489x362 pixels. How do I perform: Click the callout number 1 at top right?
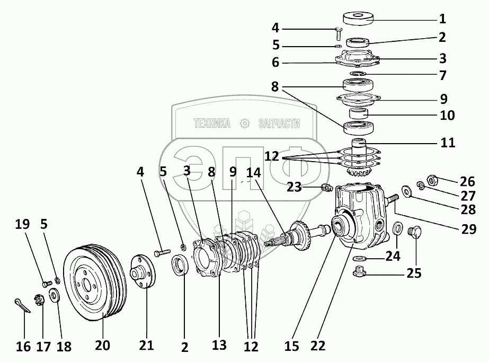point(442,19)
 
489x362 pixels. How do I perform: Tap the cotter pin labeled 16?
point(21,306)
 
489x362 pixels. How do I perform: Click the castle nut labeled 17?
point(39,301)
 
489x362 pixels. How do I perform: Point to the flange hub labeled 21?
point(143,271)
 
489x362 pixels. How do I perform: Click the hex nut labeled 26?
point(432,181)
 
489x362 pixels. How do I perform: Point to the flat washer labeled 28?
point(407,190)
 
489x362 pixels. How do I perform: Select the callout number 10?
point(447,114)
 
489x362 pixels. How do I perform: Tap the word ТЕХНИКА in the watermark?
point(212,124)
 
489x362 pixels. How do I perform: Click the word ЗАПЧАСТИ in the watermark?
point(279,124)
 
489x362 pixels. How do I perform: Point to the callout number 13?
point(219,345)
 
